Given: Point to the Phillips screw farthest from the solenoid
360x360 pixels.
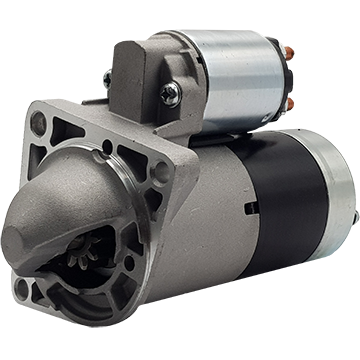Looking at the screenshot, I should [108, 76].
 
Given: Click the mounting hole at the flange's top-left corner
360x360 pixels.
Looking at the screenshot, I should [38, 122].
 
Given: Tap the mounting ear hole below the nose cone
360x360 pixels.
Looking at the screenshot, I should [22, 290].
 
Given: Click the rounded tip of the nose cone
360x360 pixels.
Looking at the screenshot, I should [20, 240].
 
